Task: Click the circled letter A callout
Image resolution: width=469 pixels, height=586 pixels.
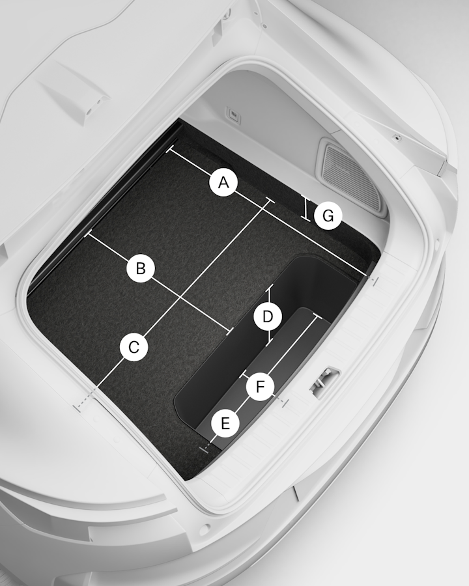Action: [223, 183]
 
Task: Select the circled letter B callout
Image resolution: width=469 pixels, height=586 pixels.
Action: [141, 268]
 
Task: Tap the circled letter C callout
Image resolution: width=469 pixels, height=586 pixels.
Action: [134, 347]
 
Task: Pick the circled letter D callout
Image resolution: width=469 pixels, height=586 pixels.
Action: [268, 316]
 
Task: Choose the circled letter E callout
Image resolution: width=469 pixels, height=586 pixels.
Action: [225, 423]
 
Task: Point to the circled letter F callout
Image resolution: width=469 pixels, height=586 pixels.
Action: [261, 386]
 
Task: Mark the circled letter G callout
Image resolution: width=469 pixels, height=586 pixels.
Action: [328, 216]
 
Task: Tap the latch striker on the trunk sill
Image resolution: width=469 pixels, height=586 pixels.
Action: [324, 380]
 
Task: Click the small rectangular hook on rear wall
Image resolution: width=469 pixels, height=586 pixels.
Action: [233, 115]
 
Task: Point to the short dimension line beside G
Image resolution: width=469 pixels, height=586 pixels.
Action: [306, 208]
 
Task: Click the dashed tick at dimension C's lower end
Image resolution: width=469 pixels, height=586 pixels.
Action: [78, 407]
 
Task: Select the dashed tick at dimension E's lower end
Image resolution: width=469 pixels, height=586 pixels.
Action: [203, 449]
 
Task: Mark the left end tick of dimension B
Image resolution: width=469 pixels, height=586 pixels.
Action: [89, 234]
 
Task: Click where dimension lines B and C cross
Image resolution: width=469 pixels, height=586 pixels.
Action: [181, 297]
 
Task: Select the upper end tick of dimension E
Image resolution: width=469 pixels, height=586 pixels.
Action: [317, 316]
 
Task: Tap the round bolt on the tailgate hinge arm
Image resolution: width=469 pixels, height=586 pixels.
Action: [395, 138]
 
